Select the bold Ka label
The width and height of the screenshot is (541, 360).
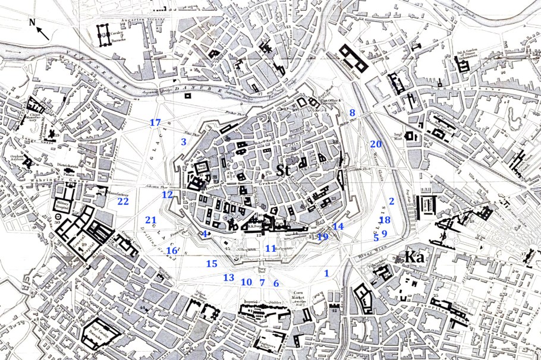pyautogui.click(x=414, y=257)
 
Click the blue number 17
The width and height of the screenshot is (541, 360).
pyautogui.click(x=155, y=123)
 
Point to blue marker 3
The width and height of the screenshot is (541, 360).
pyautogui.click(x=184, y=141)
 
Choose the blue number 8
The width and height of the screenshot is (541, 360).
pyautogui.click(x=352, y=113)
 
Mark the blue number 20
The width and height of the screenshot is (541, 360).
pyautogui.click(x=375, y=144)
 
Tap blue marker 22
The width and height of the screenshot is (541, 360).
pyautogui.click(x=123, y=201)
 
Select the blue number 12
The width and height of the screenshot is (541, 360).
pyautogui.click(x=167, y=194)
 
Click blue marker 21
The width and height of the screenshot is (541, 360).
pyautogui.click(x=150, y=220)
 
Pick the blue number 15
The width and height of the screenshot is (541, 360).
pyautogui.click(x=212, y=263)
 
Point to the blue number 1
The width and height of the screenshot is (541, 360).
pyautogui.click(x=326, y=273)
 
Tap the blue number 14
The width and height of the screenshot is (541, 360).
pyautogui.click(x=338, y=226)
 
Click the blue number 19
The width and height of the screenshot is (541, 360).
pyautogui.click(x=323, y=236)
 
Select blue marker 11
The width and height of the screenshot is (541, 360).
pyautogui.click(x=270, y=248)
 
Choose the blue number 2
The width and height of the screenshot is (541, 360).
pyautogui.click(x=391, y=201)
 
